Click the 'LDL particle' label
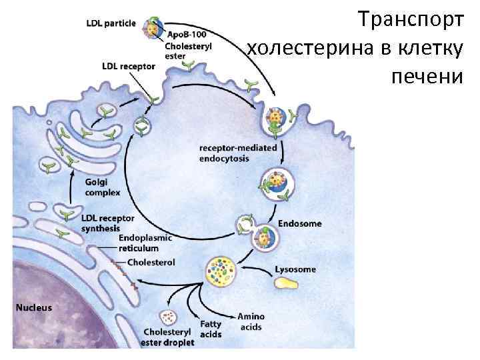click(x=111, y=23)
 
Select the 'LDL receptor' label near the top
click(x=128, y=67)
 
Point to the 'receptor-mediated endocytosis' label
click(x=238, y=153)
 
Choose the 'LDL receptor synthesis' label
click(x=107, y=223)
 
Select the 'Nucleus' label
click(x=33, y=308)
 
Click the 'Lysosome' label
click(x=295, y=270)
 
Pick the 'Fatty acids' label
click(x=211, y=329)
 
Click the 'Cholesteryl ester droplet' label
click(x=168, y=337)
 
